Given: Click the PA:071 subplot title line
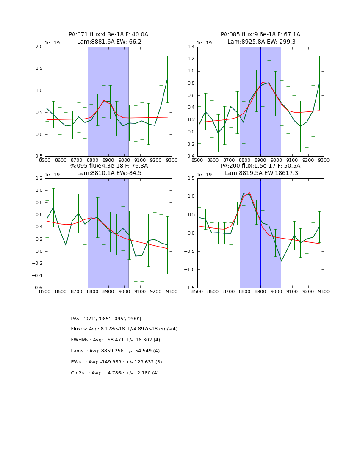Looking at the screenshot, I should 108,35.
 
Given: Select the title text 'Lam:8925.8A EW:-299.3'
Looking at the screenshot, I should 260,42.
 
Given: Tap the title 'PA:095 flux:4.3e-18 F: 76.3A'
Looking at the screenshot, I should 108,166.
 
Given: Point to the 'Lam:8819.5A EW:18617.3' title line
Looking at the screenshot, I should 260,173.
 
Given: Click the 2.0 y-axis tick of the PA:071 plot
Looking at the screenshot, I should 39,47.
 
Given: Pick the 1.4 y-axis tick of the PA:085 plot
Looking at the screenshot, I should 191,47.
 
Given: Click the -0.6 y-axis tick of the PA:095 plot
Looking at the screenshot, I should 38,288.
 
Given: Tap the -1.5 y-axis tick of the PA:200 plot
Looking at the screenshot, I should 190,288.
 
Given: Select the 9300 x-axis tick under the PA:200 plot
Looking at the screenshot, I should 324,291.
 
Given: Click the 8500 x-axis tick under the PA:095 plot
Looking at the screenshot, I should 45,291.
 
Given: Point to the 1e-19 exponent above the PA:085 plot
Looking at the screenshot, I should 205,43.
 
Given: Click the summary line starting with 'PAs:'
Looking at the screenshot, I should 106,319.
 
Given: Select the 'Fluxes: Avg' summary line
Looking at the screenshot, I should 124,329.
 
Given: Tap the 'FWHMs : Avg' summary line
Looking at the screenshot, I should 115,340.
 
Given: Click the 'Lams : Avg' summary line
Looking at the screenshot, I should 115,351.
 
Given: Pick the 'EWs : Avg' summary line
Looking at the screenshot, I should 116,362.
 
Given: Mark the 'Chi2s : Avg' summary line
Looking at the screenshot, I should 115,373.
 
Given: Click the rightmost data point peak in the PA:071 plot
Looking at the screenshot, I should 167,78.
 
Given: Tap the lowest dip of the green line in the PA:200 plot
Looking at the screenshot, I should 281,261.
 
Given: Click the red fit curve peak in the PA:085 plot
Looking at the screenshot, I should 263,82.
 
